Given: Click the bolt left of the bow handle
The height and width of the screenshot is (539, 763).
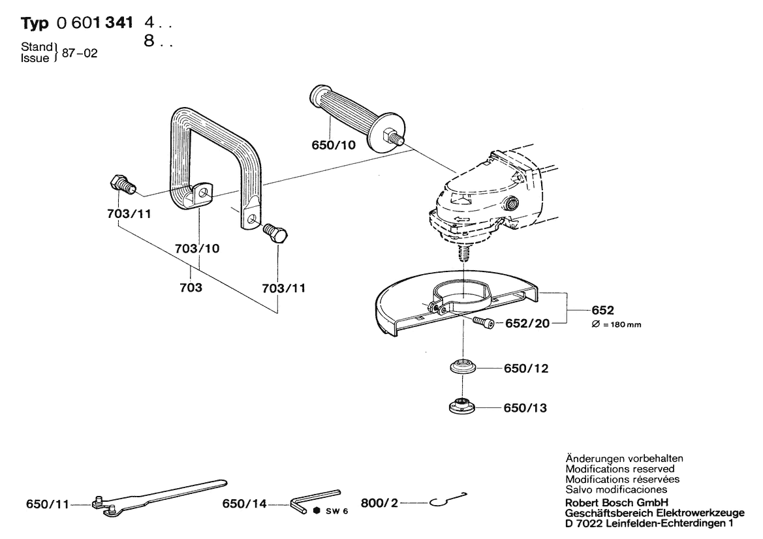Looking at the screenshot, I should (x=121, y=185).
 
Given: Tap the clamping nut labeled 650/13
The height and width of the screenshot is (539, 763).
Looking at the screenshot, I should (x=463, y=406).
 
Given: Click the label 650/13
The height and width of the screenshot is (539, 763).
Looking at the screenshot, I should (x=525, y=408).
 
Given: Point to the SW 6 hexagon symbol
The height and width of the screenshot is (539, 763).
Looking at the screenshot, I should (x=316, y=510).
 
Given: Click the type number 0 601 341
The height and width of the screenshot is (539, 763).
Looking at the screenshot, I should (x=95, y=23).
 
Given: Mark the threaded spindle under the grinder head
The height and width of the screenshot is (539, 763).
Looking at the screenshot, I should (x=465, y=251).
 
